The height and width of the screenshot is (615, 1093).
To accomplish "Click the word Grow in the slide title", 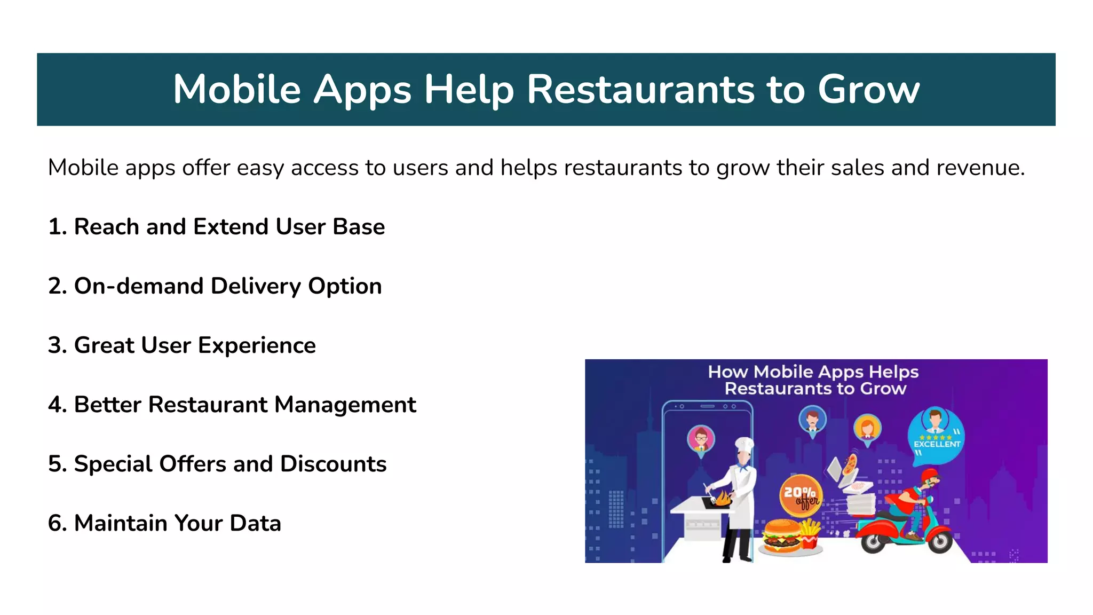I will click(868, 90).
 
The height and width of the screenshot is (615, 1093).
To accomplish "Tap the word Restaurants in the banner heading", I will click(639, 90).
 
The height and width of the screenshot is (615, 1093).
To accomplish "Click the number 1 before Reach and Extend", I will click(54, 227).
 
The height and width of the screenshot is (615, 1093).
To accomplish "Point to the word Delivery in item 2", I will click(256, 287).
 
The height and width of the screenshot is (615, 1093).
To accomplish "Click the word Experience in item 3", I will click(257, 346).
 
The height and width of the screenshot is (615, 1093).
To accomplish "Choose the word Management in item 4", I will click(345, 405).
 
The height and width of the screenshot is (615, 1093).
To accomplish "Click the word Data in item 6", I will click(255, 523).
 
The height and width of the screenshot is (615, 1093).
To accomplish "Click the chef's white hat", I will click(744, 444).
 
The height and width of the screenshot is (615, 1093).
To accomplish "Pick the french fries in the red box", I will click(810, 534).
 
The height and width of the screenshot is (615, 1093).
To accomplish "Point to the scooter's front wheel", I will click(939, 542).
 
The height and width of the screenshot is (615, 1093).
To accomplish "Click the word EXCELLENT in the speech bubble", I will click(937, 444).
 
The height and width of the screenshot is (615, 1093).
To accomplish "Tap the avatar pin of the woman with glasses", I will click(701, 439).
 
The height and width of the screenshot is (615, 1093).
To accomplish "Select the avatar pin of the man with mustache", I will click(812, 420).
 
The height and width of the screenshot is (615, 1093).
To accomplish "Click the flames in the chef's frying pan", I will click(722, 499).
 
